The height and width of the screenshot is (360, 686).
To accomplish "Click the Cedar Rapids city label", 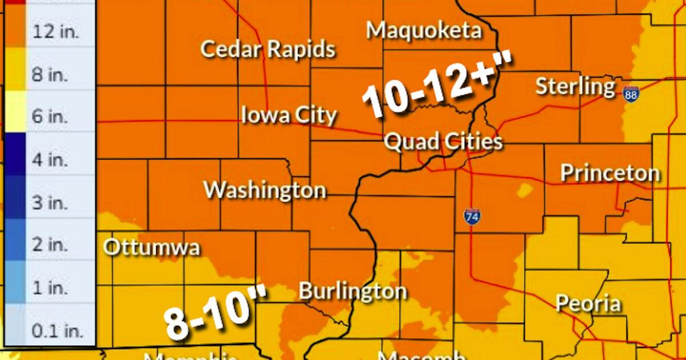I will tap(268, 49).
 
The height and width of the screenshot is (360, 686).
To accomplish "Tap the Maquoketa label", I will tap(424, 30).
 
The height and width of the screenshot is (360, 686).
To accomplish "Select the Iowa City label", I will tap(289, 115).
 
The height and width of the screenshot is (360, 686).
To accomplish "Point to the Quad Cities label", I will tap(443, 141).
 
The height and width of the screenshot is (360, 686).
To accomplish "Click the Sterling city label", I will tap(575, 87).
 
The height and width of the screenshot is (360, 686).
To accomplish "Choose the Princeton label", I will tap(610, 173).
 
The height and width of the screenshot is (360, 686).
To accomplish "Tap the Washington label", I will tap(265, 190).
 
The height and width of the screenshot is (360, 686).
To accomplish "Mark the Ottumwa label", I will tap(151, 248).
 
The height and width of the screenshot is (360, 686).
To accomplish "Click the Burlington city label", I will tap(353, 291).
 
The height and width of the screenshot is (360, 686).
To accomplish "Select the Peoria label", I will tap(588, 303).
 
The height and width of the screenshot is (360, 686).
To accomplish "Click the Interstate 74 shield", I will tap(472, 216).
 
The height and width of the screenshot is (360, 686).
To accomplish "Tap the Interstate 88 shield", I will tap(631, 93).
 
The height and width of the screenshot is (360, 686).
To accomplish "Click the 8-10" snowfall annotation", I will tap(216, 315).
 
